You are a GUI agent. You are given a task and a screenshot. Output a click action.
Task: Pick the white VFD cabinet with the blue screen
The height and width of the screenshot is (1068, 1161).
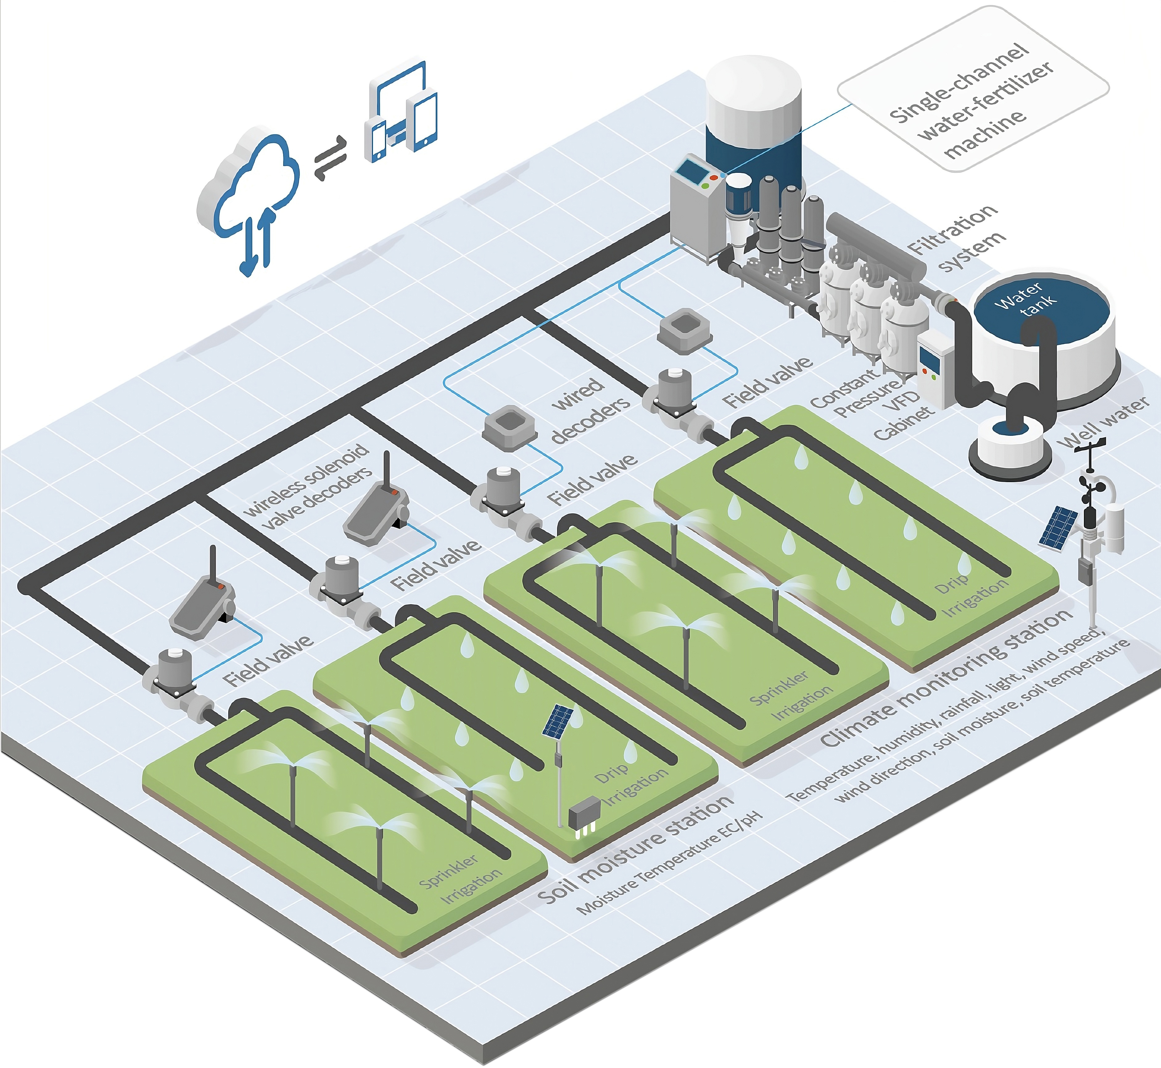click(936, 370)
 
